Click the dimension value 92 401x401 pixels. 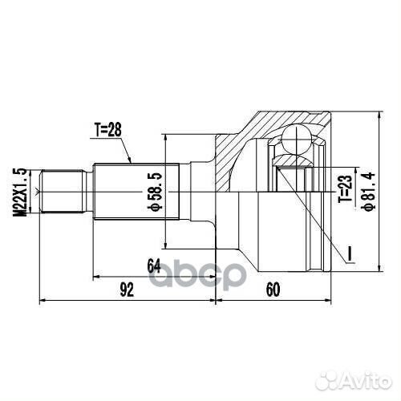point(126,291)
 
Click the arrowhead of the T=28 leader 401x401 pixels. point(133,164)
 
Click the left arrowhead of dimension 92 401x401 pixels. point(42,301)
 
